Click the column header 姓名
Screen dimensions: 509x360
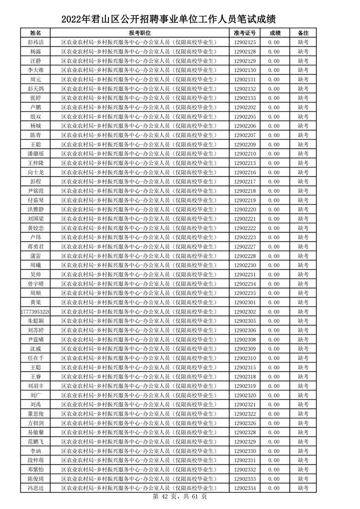click(x=35, y=33)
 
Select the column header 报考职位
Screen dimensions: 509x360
click(x=140, y=33)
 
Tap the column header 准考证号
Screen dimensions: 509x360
click(x=245, y=33)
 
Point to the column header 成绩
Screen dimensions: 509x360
click(x=275, y=33)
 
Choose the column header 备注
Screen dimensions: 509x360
click(x=303, y=33)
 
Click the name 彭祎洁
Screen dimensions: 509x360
click(x=35, y=42)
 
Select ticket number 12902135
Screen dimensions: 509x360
click(x=245, y=98)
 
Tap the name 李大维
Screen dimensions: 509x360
click(x=35, y=70)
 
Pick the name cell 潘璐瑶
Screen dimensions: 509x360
click(x=35, y=154)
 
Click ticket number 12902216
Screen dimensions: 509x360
click(x=245, y=172)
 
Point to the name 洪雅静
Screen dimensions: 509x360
click(x=35, y=210)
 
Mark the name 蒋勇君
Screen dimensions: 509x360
click(x=35, y=247)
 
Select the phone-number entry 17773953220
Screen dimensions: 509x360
click(x=35, y=312)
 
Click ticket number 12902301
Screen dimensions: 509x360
click(x=245, y=303)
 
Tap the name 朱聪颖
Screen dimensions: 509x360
click(x=35, y=321)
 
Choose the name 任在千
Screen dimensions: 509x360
click(x=35, y=358)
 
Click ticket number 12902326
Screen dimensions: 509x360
click(x=245, y=423)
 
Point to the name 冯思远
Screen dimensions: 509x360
click(x=35, y=488)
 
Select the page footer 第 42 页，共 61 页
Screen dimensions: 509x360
click(x=180, y=497)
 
